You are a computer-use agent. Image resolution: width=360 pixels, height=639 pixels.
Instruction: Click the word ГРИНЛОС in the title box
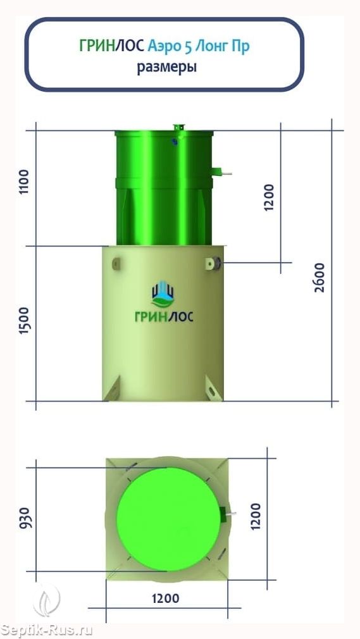click(x=112, y=47)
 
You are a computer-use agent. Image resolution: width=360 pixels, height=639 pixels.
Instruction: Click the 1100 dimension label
click(x=25, y=182)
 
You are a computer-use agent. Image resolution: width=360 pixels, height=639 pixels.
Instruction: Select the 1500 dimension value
click(x=25, y=321)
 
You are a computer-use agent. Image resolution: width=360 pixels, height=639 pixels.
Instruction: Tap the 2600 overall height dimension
click(x=320, y=277)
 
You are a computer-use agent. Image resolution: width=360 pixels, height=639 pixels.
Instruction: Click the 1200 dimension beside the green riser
click(x=269, y=197)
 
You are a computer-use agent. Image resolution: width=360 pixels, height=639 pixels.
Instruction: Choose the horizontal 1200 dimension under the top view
click(x=166, y=599)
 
